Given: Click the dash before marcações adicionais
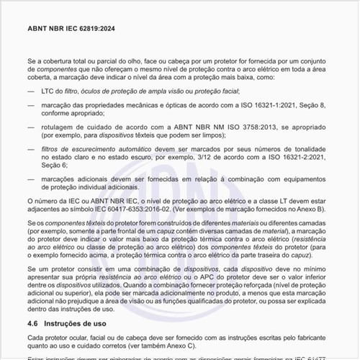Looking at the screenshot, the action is pos(31,177).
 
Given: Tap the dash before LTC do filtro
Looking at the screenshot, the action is pos(31,91).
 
